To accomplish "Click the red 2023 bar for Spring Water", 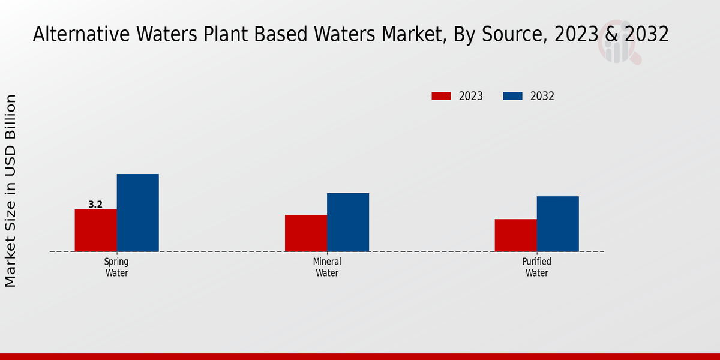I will pyautogui.click(x=95, y=230).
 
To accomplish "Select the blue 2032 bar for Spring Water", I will pyautogui.click(x=137, y=212).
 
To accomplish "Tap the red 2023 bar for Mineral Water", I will pyautogui.click(x=306, y=233).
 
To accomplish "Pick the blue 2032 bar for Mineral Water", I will pyautogui.click(x=348, y=222).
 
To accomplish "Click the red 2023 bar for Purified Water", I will pyautogui.click(x=516, y=235).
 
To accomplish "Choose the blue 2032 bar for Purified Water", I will pyautogui.click(x=558, y=224).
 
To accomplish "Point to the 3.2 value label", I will pyautogui.click(x=95, y=205).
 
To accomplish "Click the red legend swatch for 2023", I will pyautogui.click(x=441, y=96).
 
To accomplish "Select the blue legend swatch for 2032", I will pyautogui.click(x=512, y=96).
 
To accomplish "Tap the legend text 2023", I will pyautogui.click(x=471, y=96).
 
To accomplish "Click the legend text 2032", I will pyautogui.click(x=542, y=96).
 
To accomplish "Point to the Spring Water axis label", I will pyautogui.click(x=116, y=268).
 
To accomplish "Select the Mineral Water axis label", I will pyautogui.click(x=327, y=268).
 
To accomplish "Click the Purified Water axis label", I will pyautogui.click(x=537, y=268).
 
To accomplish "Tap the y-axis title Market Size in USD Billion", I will pyautogui.click(x=11, y=191).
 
